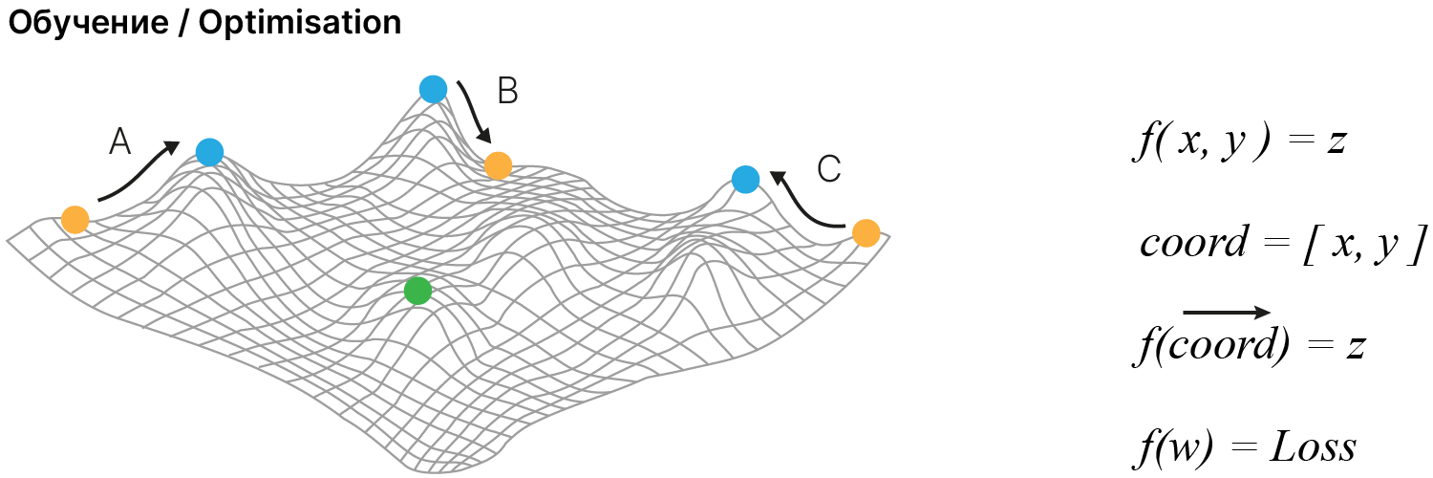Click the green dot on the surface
[x=417, y=291]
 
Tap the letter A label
[x=119, y=143]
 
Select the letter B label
[x=507, y=92]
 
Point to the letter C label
[x=828, y=170]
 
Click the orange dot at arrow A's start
[x=75, y=220]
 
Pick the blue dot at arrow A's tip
[x=209, y=151]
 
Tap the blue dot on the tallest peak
[x=433, y=89]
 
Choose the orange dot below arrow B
[x=498, y=165]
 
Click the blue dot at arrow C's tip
[x=745, y=179]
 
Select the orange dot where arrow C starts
[x=866, y=233]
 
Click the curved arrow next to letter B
[x=474, y=113]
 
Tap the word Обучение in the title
[x=90, y=23]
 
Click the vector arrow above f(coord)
[x=1227, y=312]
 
